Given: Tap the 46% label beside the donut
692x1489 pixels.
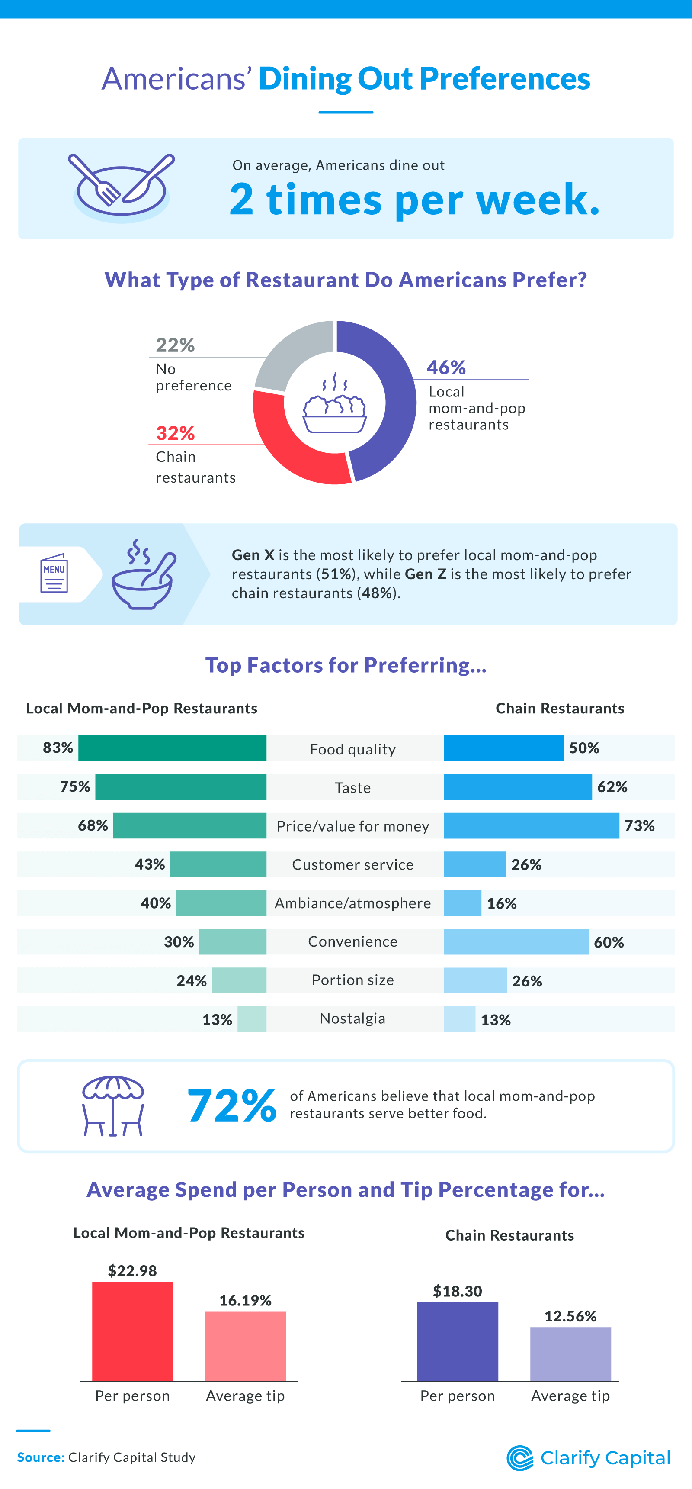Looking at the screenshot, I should [x=446, y=367].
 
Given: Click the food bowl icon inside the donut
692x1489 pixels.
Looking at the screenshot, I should [x=334, y=405].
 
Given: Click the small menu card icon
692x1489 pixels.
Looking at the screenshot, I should [x=54, y=574].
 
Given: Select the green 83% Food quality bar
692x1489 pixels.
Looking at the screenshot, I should [x=172, y=748].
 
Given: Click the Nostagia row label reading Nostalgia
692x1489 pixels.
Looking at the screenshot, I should [x=352, y=1018].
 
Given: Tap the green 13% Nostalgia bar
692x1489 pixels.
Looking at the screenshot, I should [x=252, y=1019].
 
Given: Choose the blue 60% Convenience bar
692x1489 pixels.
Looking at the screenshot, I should [x=516, y=941].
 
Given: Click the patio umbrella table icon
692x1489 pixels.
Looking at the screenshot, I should [x=113, y=1105].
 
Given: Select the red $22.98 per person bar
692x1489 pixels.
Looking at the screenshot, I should [x=132, y=1331].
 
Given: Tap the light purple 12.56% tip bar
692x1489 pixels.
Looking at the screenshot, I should [x=570, y=1354].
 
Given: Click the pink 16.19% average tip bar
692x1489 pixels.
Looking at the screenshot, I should [x=246, y=1346].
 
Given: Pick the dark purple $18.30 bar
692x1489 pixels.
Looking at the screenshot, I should [x=458, y=1341].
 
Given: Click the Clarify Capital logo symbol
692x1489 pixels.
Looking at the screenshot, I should [x=520, y=1458].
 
